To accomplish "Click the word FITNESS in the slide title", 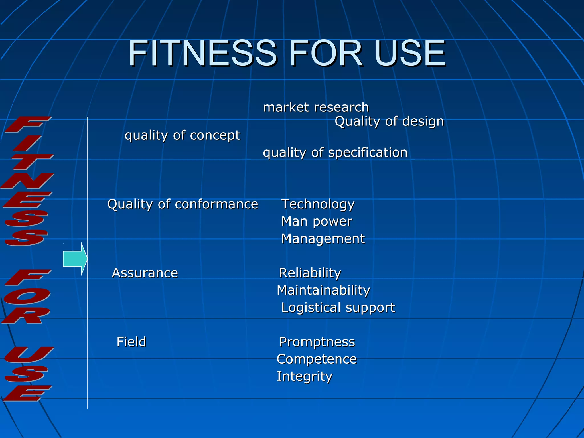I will [x=202, y=53].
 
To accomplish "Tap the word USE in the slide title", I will [x=410, y=53].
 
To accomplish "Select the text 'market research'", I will [x=316, y=108].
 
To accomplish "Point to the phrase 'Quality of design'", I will [x=389, y=121].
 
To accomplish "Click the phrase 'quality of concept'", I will [x=182, y=135].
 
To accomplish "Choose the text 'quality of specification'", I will [x=335, y=153].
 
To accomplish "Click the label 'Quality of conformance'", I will [x=183, y=204].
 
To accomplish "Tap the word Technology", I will [x=318, y=204].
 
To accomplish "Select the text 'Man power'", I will [x=317, y=222].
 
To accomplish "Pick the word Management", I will [x=323, y=239].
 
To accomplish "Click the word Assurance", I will [x=145, y=273].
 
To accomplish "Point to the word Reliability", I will [x=310, y=273].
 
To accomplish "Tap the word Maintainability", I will [x=323, y=290].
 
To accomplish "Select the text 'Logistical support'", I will [x=338, y=307].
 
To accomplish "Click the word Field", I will [x=131, y=342].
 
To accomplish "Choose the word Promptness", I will [x=317, y=342].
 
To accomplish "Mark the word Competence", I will [x=317, y=359].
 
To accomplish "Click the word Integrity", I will [x=305, y=376].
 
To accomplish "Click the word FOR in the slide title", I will [x=326, y=53].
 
